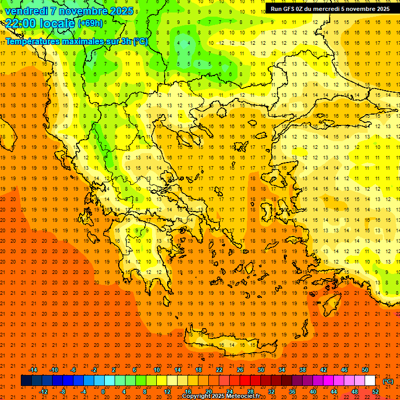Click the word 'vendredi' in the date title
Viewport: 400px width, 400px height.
pos(26,11)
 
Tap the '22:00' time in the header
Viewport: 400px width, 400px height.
pos(21,23)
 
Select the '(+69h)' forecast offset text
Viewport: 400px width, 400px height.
pos(90,24)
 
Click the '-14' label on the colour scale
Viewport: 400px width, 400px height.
pos(33,370)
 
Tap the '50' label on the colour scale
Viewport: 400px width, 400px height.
pos(365,370)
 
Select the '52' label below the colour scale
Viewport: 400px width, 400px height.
pos(376,392)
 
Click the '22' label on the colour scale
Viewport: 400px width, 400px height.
pos(219,370)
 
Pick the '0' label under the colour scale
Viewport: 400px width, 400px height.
pos(103,392)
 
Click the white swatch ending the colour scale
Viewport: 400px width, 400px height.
pos(370,381)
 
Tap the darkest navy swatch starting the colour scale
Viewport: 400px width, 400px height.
pos(26,381)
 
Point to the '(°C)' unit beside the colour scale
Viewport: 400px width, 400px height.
pos(387,381)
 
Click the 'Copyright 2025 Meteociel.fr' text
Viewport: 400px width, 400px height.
pos(221,396)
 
